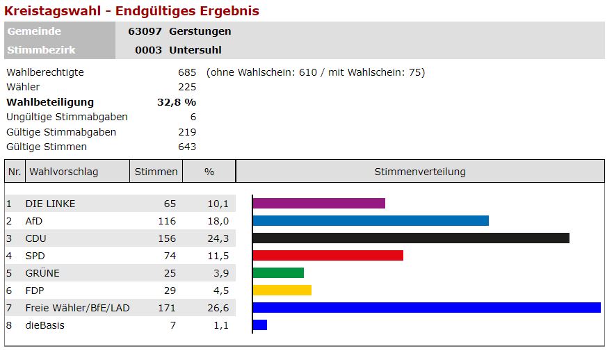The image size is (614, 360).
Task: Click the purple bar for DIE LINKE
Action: tap(318, 204)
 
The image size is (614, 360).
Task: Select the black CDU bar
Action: tap(411, 238)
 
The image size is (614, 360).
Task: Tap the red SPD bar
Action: tap(328, 256)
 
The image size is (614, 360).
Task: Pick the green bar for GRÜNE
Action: tap(278, 273)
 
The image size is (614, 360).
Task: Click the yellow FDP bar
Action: tap(282, 291)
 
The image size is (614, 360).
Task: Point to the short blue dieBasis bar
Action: tap(260, 325)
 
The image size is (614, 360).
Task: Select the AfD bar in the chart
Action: tap(371, 221)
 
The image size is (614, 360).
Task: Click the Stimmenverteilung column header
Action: tap(420, 172)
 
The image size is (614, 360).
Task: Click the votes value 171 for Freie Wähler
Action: tap(167, 308)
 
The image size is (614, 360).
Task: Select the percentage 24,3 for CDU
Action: tap(218, 238)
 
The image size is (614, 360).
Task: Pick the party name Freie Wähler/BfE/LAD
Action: tap(77, 308)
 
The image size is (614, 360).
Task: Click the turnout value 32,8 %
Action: tap(177, 102)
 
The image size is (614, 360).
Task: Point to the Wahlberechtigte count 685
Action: tap(187, 72)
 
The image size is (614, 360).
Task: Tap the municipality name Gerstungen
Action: tap(200, 31)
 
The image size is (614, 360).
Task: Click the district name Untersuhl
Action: tap(195, 50)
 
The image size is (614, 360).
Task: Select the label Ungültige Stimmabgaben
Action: tap(67, 117)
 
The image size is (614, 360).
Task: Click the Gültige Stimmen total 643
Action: tap(187, 147)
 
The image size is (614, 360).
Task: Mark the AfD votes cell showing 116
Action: tap(167, 221)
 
